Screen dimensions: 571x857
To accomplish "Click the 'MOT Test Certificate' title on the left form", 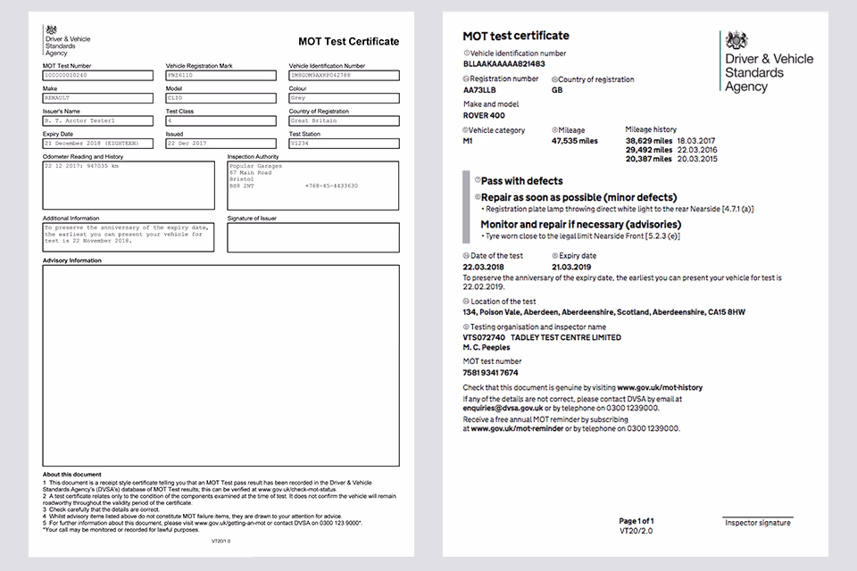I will click(x=348, y=41).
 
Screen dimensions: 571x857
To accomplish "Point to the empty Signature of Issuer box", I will click(x=312, y=237).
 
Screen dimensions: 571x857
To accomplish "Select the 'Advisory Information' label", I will click(x=72, y=261).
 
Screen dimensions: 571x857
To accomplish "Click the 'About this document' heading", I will click(x=72, y=474).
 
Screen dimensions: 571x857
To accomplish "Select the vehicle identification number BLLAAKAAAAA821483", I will click(x=505, y=64).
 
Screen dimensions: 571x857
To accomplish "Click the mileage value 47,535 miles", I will click(x=575, y=141).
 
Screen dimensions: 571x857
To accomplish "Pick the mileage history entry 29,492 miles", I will click(x=649, y=150).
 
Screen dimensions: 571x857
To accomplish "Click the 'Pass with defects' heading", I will click(x=521, y=181).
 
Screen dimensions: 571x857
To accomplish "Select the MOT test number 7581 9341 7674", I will click(x=490, y=372).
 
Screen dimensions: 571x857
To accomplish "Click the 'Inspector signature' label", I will click(x=757, y=523).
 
